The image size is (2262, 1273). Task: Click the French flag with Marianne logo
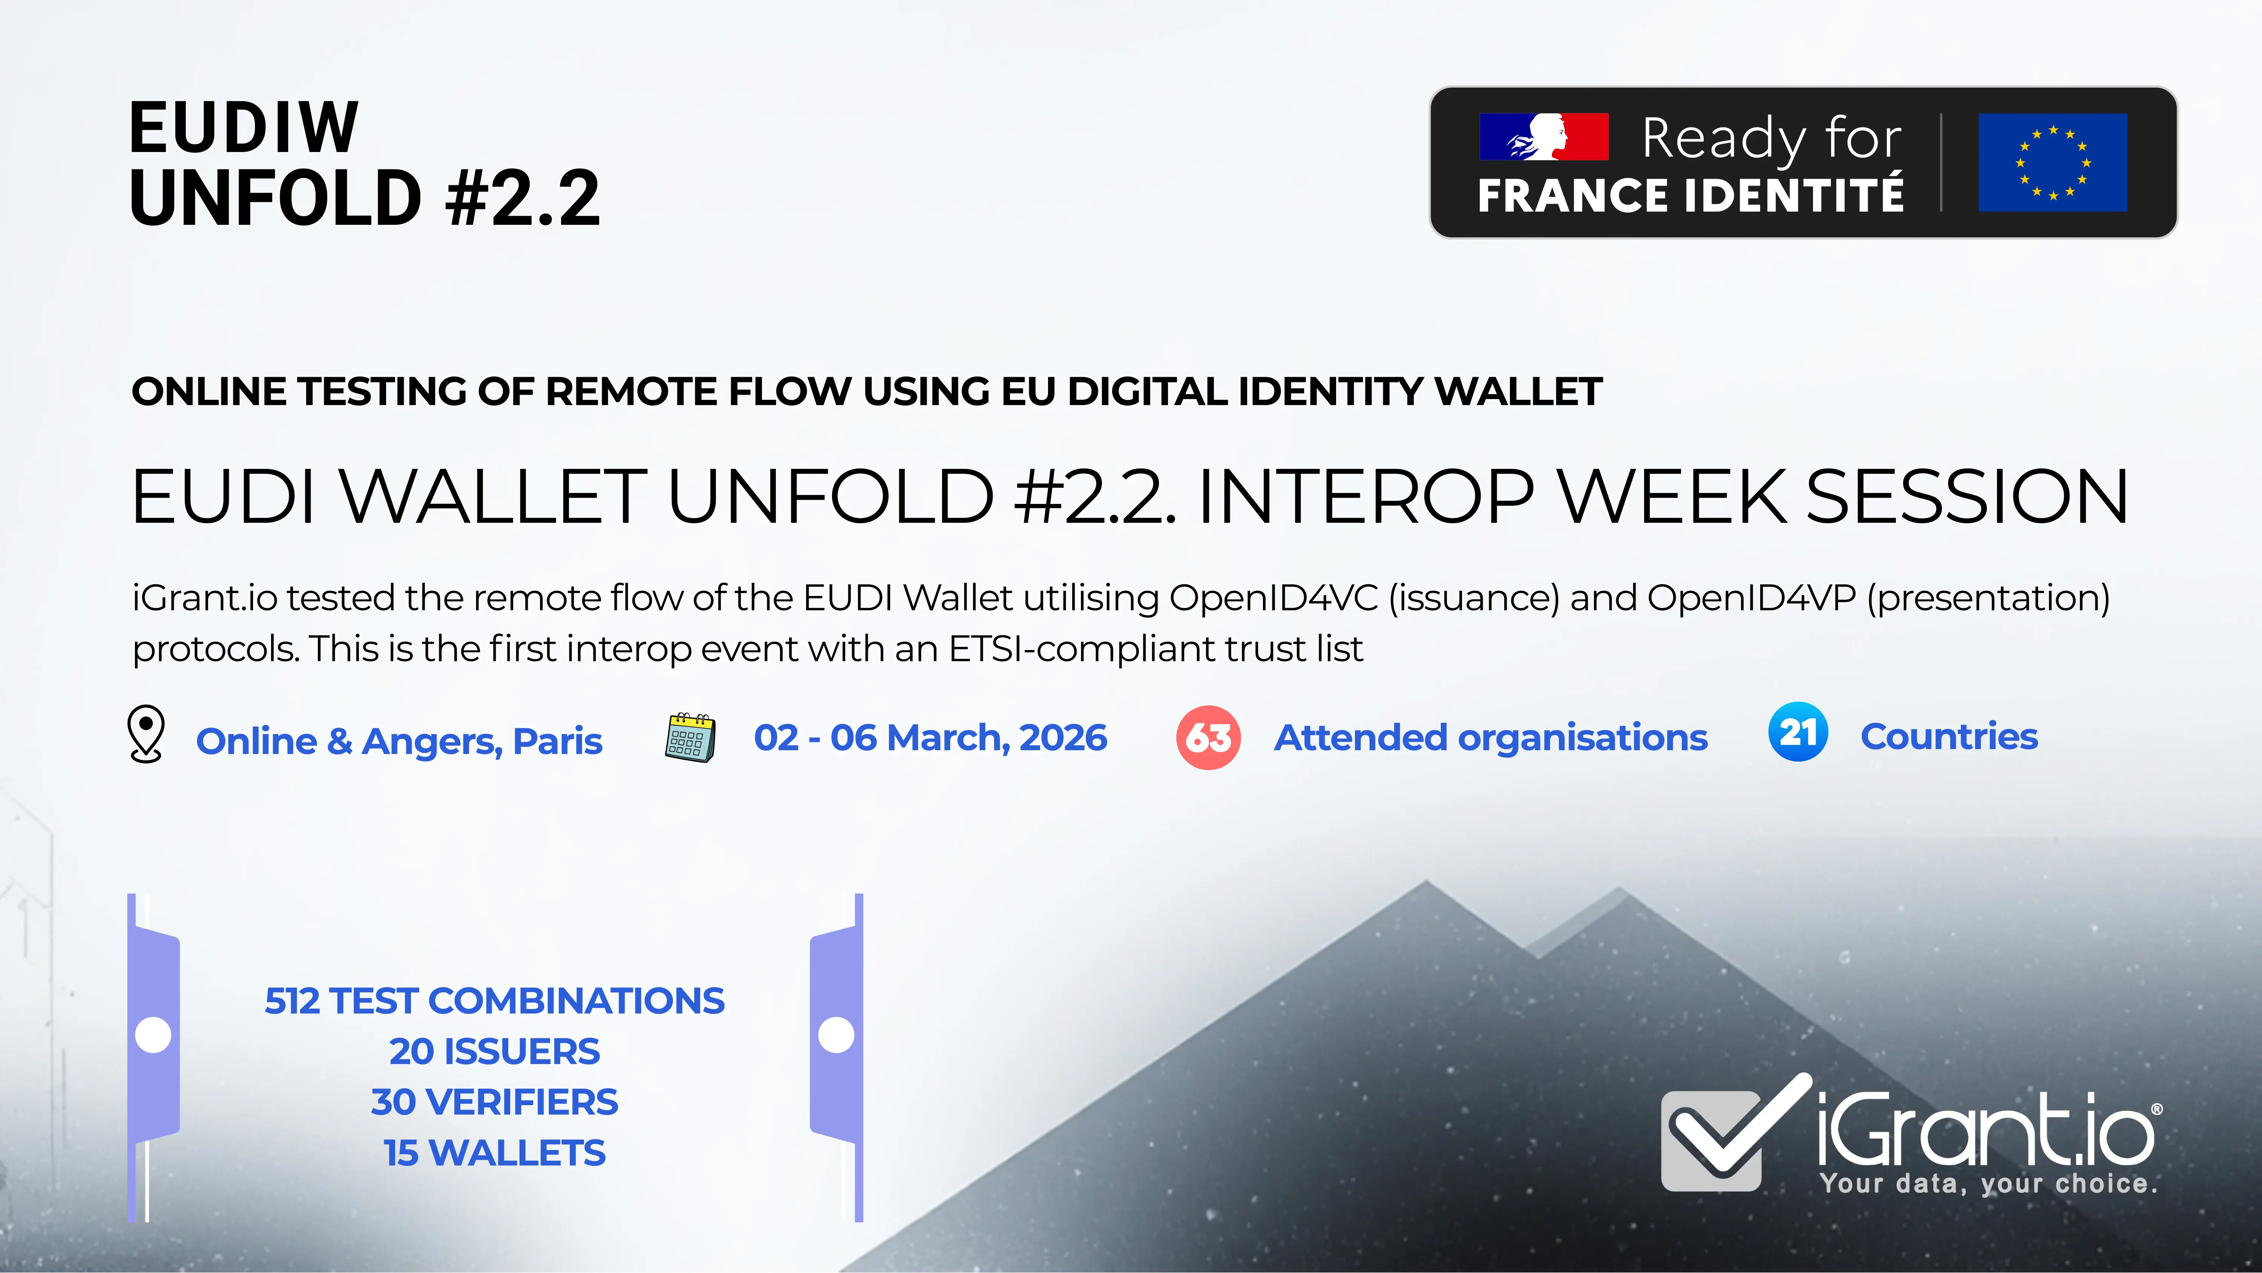1544,137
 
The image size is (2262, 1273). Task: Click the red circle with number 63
1208,738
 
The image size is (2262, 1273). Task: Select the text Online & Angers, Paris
398,741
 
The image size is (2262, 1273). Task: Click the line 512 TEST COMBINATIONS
494,1001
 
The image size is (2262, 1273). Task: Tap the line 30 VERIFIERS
494,1102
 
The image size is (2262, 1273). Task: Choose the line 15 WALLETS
494,1153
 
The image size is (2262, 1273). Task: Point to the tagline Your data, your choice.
1988,1183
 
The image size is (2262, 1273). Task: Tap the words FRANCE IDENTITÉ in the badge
1690,195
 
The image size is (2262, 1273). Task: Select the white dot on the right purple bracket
836,1035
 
